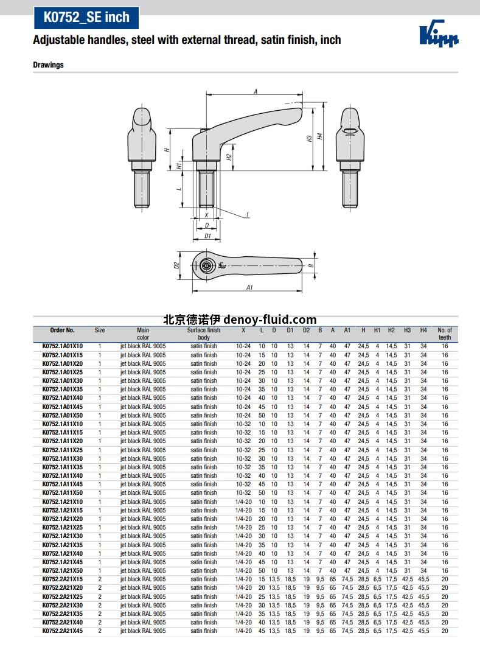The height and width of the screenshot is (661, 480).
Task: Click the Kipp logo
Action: [x=439, y=33]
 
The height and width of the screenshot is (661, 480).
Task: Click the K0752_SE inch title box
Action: [x=86, y=18]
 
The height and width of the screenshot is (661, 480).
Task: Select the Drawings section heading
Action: [x=49, y=65]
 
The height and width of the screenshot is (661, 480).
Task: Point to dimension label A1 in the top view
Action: [x=249, y=287]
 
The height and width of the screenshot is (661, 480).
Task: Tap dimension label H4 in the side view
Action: [x=320, y=136]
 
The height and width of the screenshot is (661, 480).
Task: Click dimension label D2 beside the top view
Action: [x=176, y=265]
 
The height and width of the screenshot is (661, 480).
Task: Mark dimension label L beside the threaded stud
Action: [x=179, y=189]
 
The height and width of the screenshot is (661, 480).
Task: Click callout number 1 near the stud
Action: [x=248, y=215]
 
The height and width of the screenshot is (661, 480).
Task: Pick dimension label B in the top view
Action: [x=311, y=265]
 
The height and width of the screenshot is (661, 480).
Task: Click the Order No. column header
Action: [x=63, y=330]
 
